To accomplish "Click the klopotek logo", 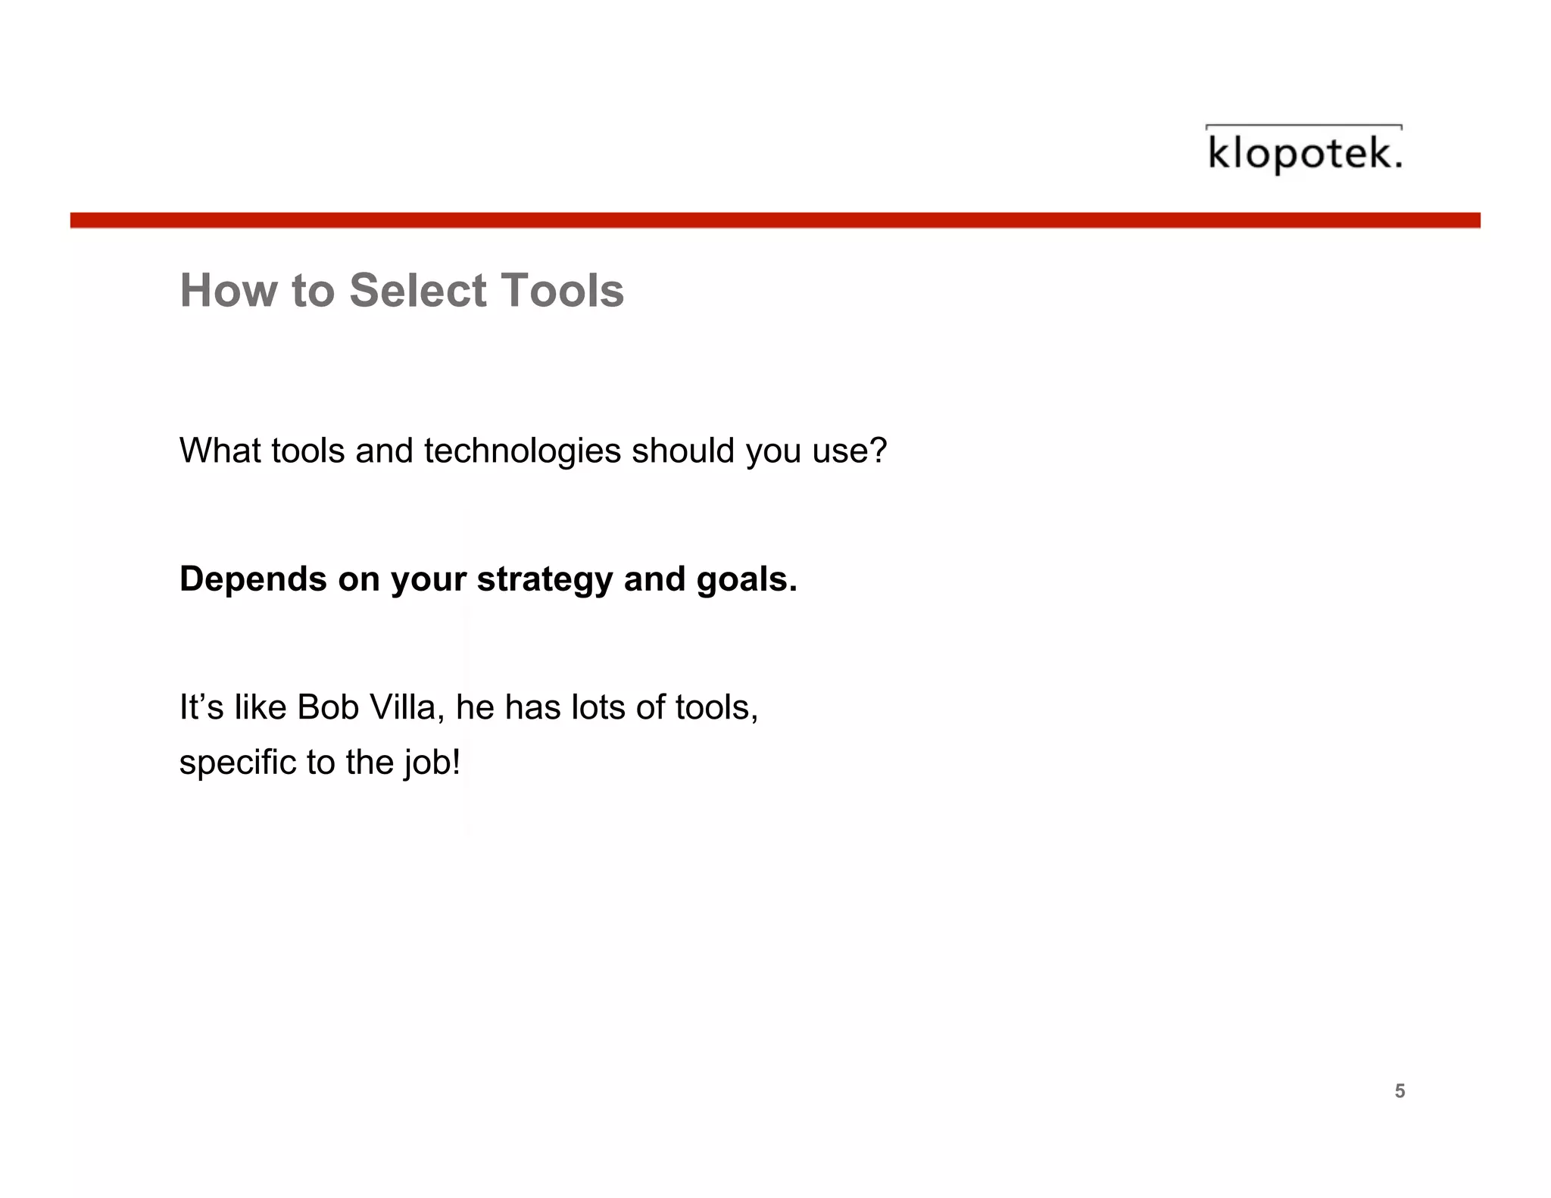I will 1303,151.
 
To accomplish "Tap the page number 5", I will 1400,1091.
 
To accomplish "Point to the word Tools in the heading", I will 562,291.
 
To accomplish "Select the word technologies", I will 523,451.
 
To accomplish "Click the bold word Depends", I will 252,579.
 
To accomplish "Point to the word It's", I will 201,708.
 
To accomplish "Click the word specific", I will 237,763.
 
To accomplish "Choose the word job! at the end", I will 432,763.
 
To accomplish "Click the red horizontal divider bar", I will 775,220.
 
